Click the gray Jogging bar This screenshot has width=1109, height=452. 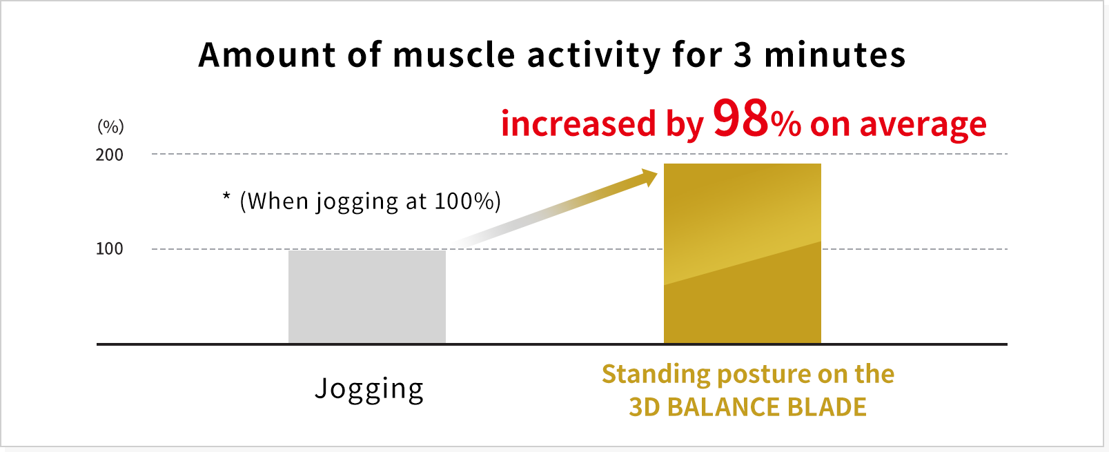367,297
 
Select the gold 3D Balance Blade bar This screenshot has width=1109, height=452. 742,253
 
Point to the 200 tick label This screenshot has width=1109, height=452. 110,155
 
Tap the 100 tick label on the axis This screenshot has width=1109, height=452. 110,248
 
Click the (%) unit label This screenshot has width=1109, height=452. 110,127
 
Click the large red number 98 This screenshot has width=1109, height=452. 740,118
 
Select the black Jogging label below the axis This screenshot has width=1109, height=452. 369,389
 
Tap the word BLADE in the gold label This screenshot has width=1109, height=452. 827,407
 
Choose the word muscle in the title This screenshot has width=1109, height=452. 453,55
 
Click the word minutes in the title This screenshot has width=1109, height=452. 835,55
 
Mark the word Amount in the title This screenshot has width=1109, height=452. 268,55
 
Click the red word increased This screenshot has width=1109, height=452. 578,124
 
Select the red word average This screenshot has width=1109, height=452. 923,126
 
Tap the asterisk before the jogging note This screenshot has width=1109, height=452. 226,196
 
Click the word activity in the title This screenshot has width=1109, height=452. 593,55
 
